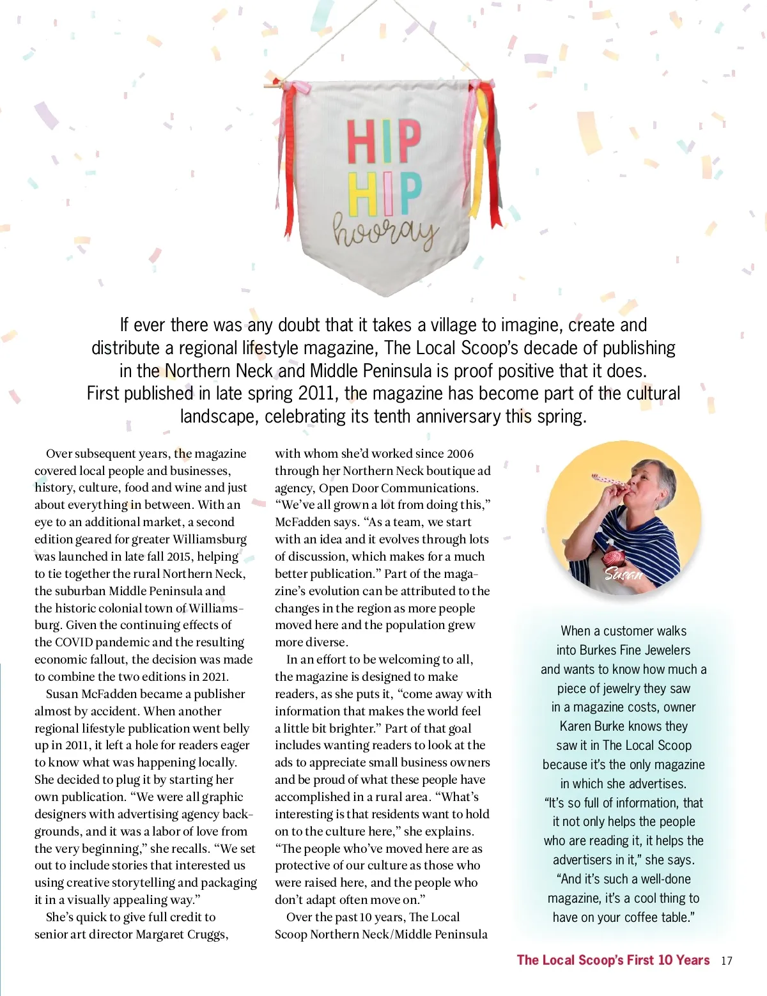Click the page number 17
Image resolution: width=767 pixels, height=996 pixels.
(x=726, y=961)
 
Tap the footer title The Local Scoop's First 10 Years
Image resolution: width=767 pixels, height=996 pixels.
(x=613, y=960)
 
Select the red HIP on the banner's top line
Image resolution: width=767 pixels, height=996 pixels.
(x=383, y=141)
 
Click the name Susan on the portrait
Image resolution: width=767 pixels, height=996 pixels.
(x=623, y=573)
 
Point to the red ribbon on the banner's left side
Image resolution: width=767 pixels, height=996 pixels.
(x=289, y=160)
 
